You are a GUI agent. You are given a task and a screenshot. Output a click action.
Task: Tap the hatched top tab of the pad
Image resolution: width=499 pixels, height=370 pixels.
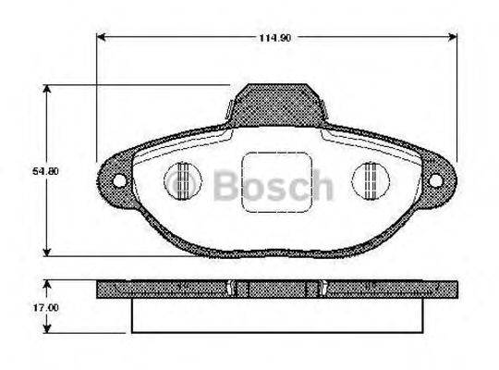pos(277,104)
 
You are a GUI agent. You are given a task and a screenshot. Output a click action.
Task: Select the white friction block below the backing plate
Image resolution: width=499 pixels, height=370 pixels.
pos(277,315)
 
